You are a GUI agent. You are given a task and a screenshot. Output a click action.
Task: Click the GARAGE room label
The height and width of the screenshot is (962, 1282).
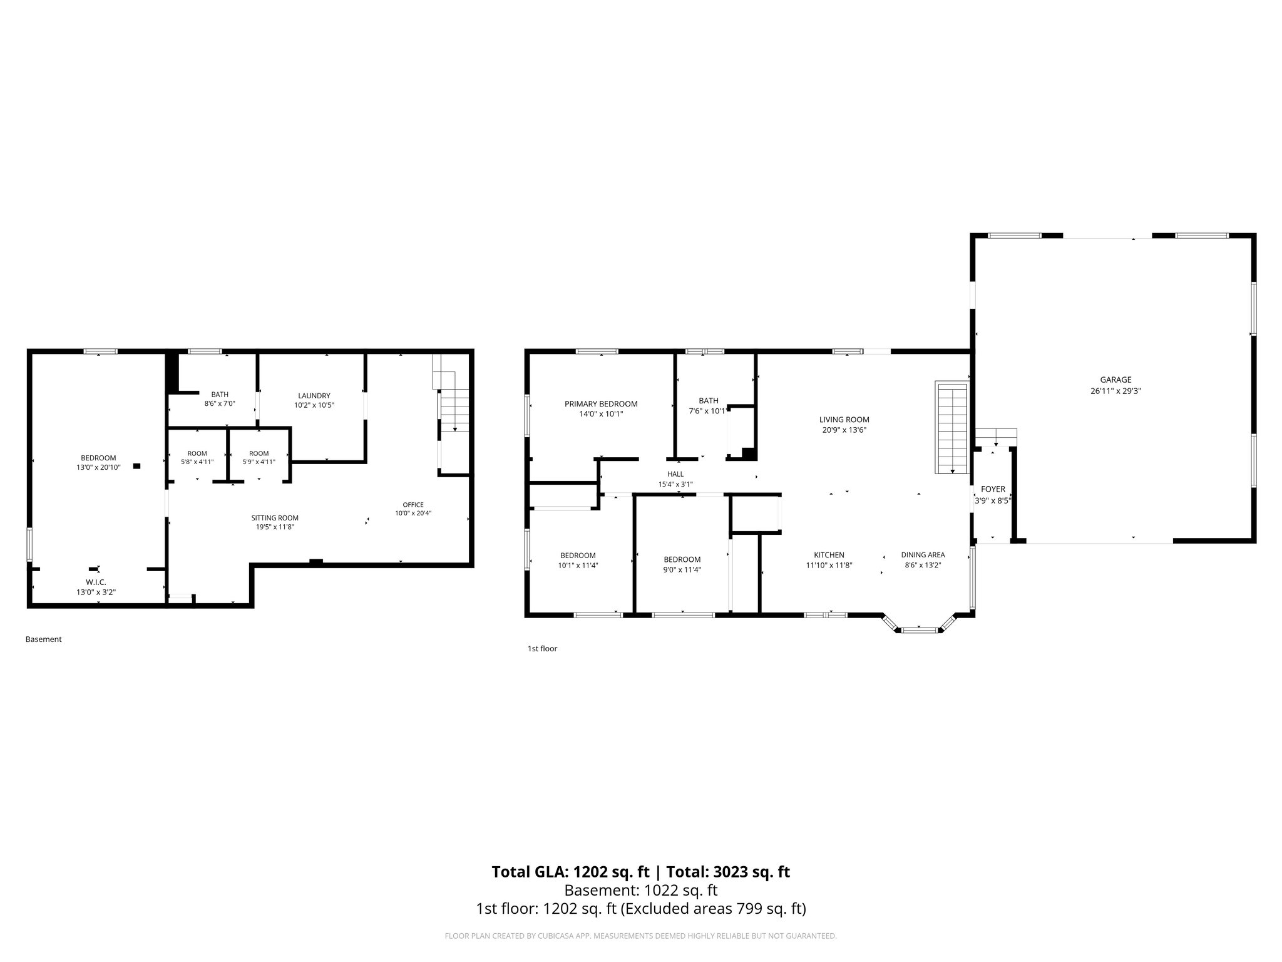[1115, 380]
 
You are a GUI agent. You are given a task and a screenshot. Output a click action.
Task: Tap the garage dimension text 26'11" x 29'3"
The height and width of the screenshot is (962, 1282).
[1115, 390]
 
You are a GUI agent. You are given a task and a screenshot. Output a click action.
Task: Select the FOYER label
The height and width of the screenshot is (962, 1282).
[993, 489]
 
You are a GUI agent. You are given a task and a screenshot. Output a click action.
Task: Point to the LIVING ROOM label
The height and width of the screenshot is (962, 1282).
[844, 420]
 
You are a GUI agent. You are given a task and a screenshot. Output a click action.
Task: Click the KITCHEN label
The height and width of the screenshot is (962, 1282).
[829, 555]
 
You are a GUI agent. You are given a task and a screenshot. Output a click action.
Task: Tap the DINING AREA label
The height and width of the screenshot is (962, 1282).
[923, 555]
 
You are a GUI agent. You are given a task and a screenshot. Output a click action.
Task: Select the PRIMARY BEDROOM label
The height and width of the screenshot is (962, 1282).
[601, 404]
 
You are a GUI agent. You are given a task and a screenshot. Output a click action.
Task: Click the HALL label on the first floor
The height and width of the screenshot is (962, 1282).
[675, 474]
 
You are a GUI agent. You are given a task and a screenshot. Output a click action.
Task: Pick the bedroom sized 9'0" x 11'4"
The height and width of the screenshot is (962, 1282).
[682, 564]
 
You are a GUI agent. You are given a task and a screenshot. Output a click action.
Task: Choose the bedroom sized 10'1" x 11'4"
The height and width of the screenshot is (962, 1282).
[578, 560]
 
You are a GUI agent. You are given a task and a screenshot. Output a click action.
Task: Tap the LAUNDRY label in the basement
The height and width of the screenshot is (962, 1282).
[314, 396]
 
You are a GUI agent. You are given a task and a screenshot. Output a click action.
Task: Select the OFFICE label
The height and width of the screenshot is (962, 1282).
[413, 505]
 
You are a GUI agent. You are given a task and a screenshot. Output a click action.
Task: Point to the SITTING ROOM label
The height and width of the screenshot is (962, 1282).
[275, 518]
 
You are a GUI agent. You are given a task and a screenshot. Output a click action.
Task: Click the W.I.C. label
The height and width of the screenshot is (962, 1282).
[96, 582]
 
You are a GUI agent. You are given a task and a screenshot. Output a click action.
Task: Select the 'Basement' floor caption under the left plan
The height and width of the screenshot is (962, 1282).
[43, 639]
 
